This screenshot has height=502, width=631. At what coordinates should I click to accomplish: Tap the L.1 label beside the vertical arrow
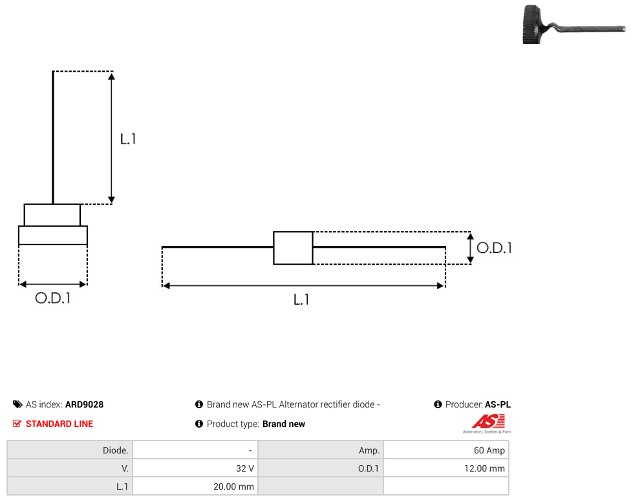[128, 139]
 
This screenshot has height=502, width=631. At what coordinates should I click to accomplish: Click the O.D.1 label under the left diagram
[53, 298]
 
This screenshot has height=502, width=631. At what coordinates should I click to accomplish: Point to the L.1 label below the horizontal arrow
[301, 300]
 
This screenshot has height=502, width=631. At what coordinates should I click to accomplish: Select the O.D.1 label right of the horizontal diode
[494, 248]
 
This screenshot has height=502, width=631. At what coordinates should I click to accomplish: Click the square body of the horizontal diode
[294, 248]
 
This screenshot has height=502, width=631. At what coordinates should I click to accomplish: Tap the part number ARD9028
[85, 404]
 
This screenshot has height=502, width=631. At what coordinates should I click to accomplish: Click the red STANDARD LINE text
[59, 424]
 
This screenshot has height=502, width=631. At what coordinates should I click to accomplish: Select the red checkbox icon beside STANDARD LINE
[17, 424]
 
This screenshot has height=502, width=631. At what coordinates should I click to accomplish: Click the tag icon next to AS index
[17, 404]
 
